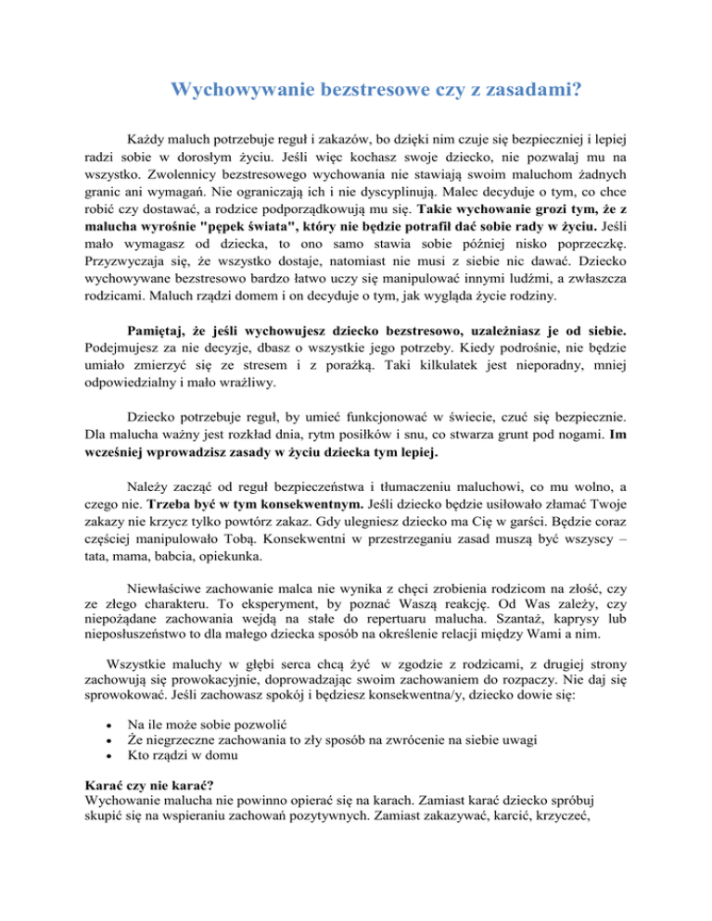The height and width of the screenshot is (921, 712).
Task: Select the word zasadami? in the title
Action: point(545,91)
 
